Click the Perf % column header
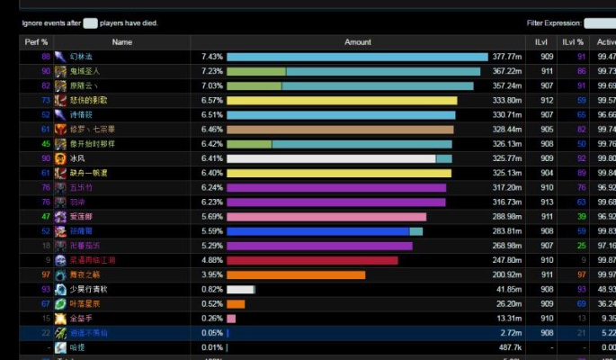pyautogui.click(x=37, y=42)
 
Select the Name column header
pyautogui.click(x=122, y=42)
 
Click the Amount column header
pyautogui.click(x=358, y=42)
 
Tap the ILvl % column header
pyautogui.click(x=573, y=42)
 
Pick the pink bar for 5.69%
pyautogui.click(x=326, y=217)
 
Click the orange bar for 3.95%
pyautogui.click(x=296, y=274)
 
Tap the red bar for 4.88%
pyautogui.click(x=312, y=260)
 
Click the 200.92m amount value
pyautogui.click(x=507, y=274)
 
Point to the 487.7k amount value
pyautogui.click(x=510, y=347)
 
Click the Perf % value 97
pyautogui.click(x=46, y=274)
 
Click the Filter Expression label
pyautogui.click(x=553, y=23)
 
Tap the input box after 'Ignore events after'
pyautogui.click(x=90, y=22)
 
